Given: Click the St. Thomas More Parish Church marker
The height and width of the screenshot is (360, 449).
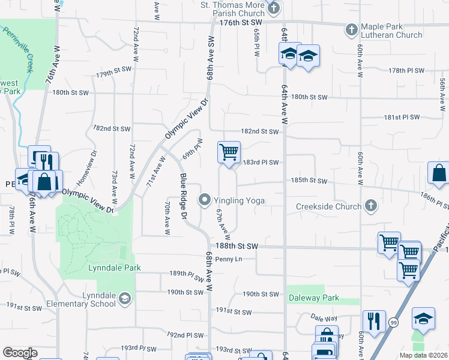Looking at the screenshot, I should [274, 8].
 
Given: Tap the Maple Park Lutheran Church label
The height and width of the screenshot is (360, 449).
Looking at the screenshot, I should [392, 31].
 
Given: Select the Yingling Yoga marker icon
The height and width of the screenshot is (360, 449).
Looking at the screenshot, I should [205, 200].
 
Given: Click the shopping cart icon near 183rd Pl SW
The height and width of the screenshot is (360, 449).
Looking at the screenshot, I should [229, 152].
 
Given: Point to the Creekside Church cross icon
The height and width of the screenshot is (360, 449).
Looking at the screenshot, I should [371, 206].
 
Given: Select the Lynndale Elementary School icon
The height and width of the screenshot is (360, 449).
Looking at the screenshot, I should [124, 299].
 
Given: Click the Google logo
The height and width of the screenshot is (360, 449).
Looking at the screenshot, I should [20, 353].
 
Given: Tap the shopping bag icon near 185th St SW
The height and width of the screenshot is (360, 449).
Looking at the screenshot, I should [439, 172].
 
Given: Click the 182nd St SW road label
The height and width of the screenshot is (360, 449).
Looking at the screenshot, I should [260, 131].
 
